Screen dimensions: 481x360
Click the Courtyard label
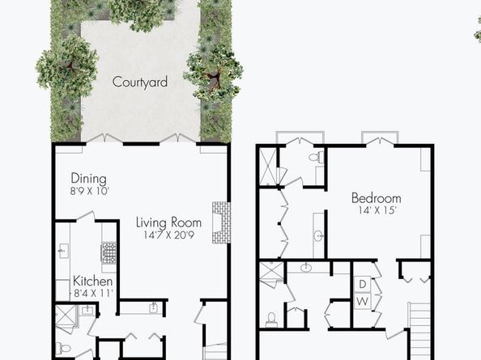140,82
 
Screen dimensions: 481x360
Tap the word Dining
88,179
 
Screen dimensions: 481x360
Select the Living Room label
168,222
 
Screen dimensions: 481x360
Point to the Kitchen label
92,281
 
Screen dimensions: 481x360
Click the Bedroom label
376,198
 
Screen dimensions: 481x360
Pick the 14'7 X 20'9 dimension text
168,235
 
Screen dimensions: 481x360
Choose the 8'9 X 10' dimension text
90,192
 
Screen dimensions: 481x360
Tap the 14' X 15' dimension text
377,210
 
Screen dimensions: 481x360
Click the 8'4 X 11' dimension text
94,293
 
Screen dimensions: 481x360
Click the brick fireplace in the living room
221,222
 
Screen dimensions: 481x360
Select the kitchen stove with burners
109,252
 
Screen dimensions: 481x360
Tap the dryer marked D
362,284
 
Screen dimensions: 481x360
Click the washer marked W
362,301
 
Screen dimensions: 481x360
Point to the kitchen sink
64,251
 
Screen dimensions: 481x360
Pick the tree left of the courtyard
67,66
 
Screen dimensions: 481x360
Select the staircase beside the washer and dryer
419,331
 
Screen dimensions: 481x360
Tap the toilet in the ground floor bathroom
62,349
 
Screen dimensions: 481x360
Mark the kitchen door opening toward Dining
85,216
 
